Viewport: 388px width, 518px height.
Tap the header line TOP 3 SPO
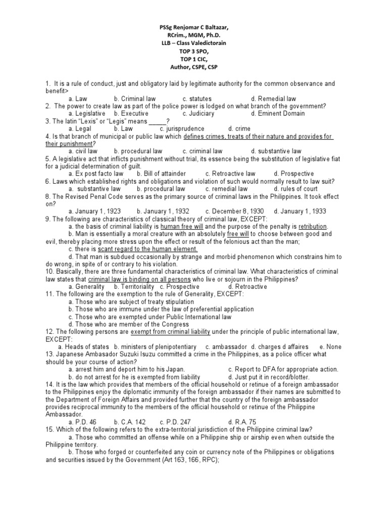pyautogui.click(x=193, y=51)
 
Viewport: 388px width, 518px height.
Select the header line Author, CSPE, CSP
pyautogui.click(x=193, y=67)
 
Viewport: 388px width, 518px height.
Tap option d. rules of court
pyautogui.click(x=275, y=189)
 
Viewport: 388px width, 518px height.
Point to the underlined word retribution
pyautogui.click(x=313, y=227)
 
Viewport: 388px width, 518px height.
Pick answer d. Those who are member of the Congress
pyautogui.click(x=129, y=324)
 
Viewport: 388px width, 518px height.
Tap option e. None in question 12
pyautogui.click(x=330, y=347)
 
